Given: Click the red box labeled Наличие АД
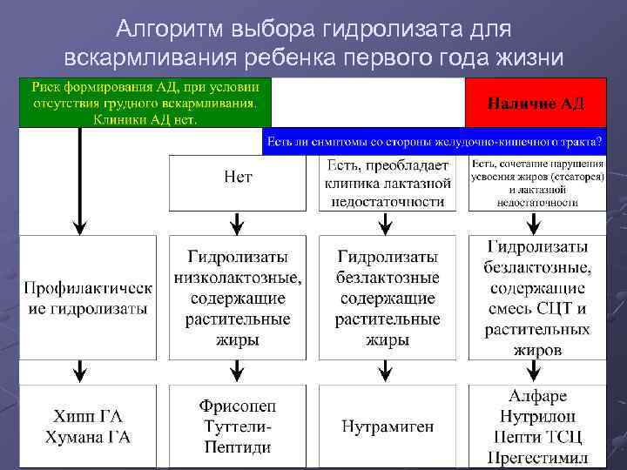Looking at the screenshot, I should point(536,103).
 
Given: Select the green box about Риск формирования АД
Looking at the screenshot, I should point(145,103).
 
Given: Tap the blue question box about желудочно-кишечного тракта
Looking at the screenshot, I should point(435,142).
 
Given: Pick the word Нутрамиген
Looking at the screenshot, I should point(388,426).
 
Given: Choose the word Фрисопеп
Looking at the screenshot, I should point(237,406).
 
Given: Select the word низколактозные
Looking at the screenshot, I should point(237,279).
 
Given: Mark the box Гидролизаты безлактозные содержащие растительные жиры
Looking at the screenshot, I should point(388,298).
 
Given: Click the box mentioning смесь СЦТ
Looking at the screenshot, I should point(537,298).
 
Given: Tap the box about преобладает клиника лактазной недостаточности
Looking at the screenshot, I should point(388,183).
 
